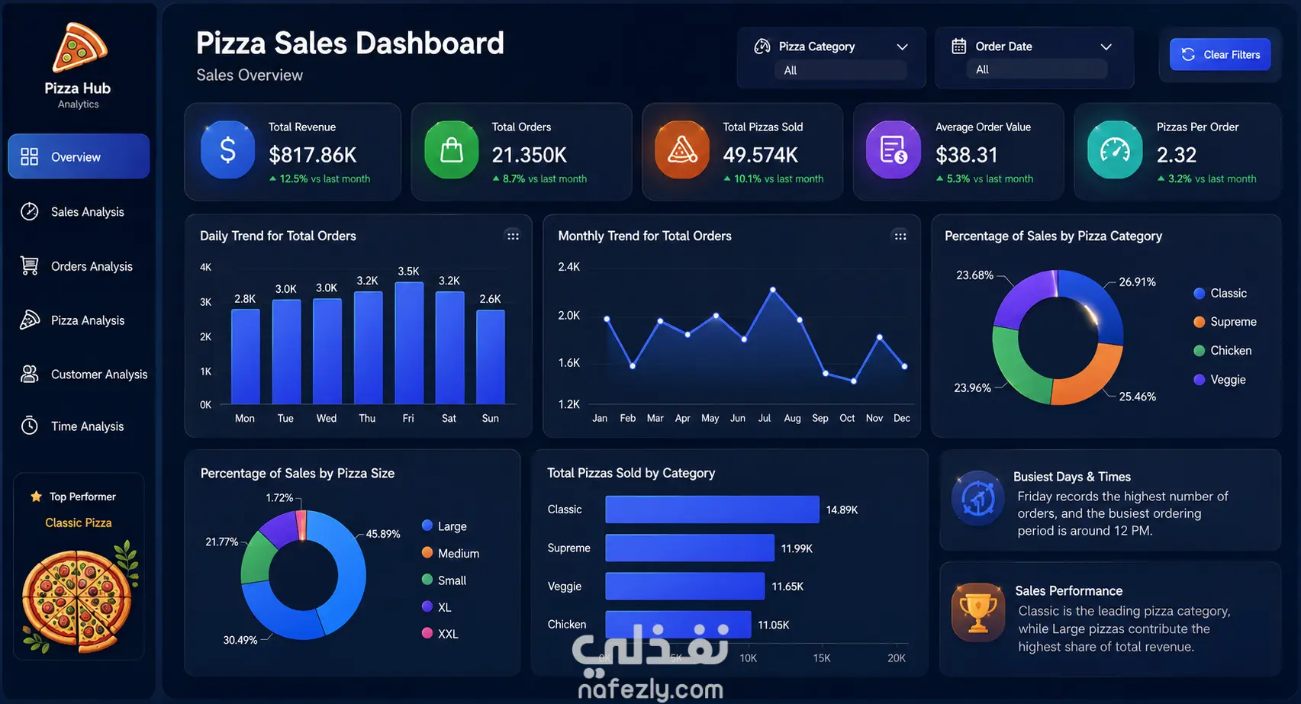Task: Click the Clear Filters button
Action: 1219,55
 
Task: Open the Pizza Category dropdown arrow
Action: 902,47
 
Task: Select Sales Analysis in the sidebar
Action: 87,212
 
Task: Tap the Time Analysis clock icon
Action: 30,426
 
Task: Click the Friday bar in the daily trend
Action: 409,343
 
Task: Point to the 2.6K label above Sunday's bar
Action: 490,299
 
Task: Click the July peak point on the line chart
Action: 772,289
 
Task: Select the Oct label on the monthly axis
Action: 847,418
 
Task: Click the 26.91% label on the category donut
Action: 1137,282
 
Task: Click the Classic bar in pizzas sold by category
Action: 712,510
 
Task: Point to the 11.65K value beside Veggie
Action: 787,587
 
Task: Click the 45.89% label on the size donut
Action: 383,534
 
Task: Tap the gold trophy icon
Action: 978,612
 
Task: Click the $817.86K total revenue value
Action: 313,155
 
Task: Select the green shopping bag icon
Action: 451,149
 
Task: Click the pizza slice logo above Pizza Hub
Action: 79,47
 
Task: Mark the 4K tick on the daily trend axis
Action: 205,268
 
